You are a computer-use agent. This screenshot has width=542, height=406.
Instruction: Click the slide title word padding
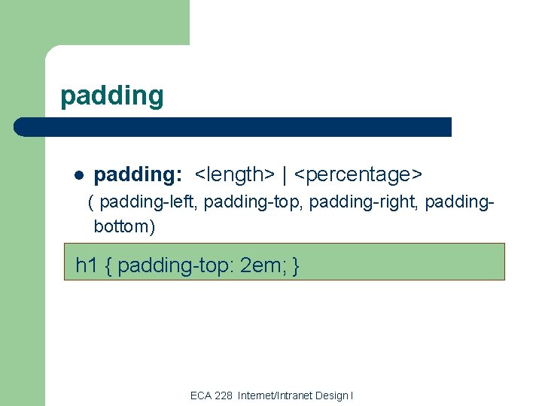[111, 96]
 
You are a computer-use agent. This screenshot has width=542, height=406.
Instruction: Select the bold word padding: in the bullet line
[138, 175]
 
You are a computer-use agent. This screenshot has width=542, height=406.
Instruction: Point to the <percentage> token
[358, 175]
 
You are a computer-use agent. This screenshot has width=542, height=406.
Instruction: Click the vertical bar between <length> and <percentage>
[285, 175]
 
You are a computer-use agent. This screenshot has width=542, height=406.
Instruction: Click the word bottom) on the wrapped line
[124, 225]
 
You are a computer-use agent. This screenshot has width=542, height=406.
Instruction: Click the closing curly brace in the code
[297, 265]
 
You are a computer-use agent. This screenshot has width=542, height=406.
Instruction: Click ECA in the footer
[201, 395]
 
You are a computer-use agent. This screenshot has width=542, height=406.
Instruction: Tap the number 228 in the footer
[224, 395]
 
